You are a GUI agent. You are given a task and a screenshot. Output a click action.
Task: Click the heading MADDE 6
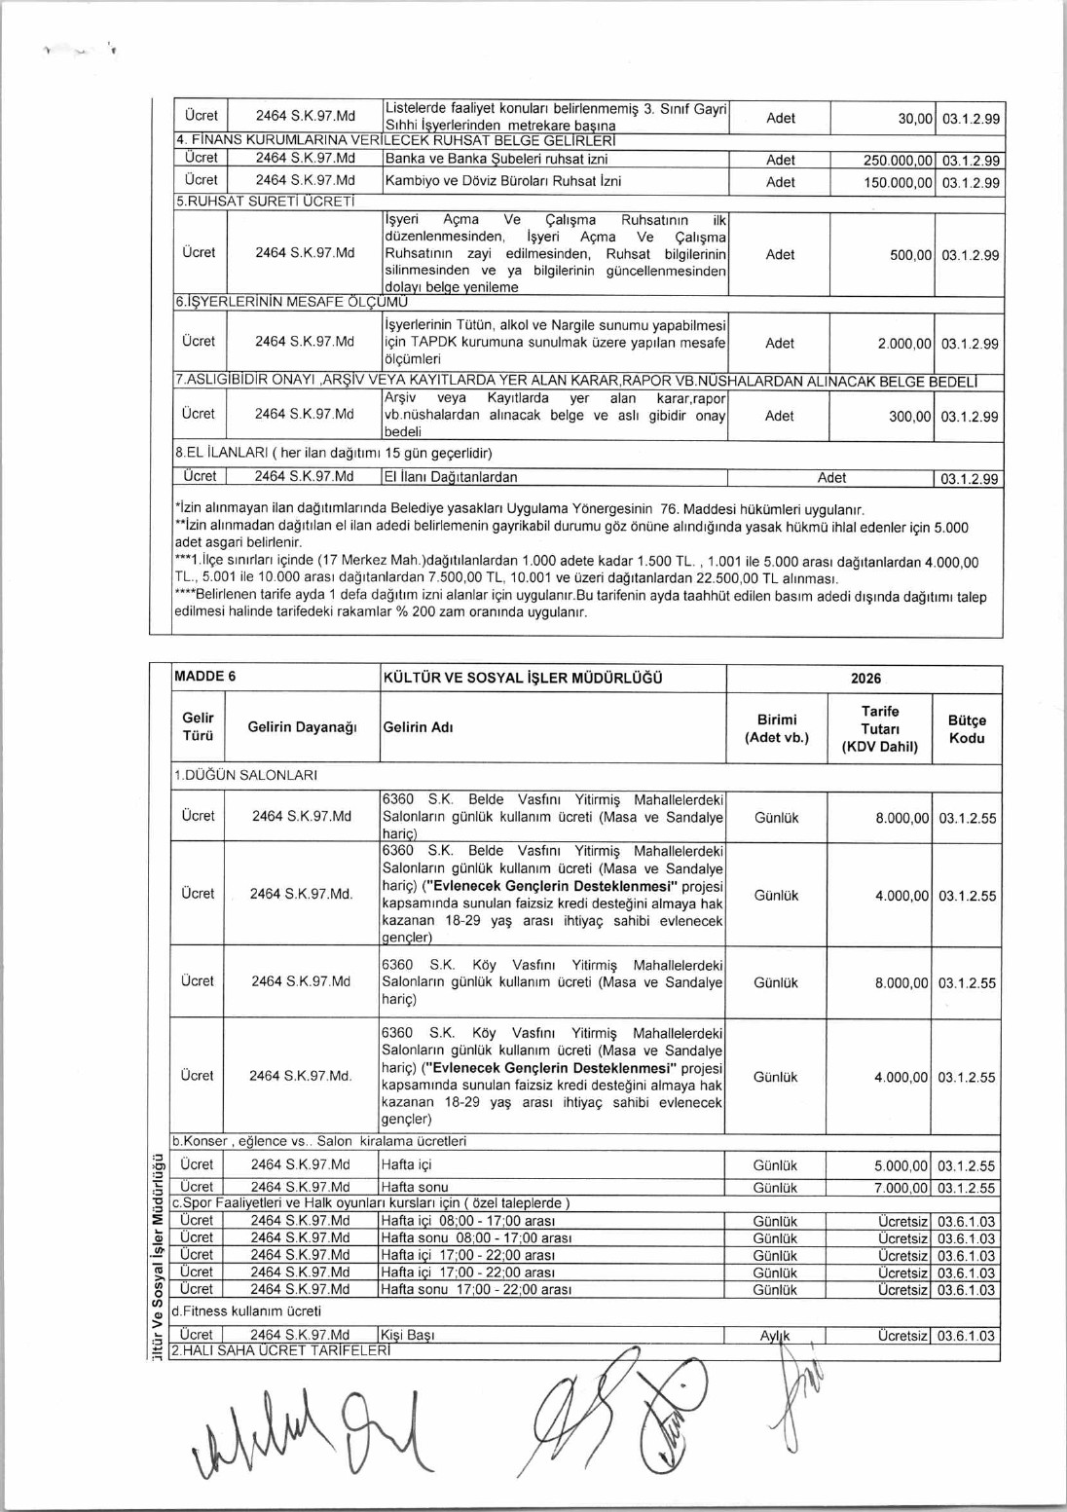[x=204, y=678]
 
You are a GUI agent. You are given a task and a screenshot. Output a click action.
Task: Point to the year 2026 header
[x=865, y=679]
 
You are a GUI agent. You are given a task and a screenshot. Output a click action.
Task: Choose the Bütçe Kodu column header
[x=967, y=729]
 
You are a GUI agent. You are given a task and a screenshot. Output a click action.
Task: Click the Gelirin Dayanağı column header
[x=302, y=727]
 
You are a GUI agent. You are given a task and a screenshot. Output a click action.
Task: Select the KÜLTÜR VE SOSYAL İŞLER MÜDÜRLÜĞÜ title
[x=523, y=678]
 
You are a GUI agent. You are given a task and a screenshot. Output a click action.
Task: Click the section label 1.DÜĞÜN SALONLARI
[x=245, y=775]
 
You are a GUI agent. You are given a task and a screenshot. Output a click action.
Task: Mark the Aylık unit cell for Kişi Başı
[x=775, y=1336]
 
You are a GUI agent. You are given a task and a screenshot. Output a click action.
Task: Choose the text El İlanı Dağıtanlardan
[x=451, y=477]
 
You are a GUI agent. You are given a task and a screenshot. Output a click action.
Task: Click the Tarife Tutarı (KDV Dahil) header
[x=880, y=729]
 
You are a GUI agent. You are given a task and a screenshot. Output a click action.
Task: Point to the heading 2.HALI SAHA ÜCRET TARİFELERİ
[x=280, y=1351]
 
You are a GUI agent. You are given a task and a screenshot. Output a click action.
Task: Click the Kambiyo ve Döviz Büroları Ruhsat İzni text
[x=503, y=181]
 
